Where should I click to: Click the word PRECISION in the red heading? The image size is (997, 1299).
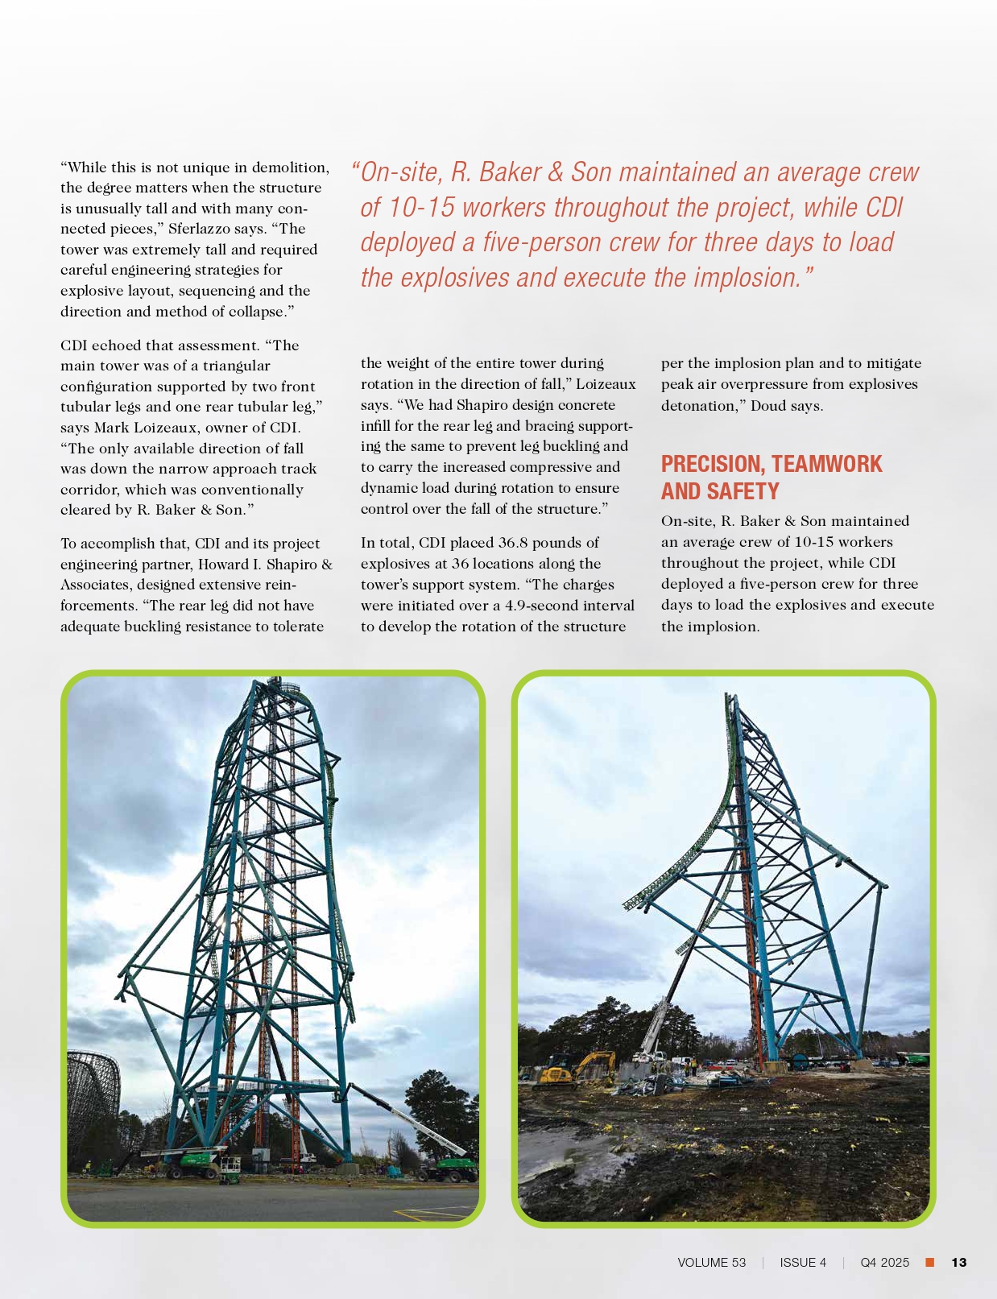[712, 465]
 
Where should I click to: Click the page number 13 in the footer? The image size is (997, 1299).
[958, 1262]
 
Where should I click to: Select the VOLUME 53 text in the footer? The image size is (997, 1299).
[711, 1262]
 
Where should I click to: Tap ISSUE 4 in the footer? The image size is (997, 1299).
[802, 1262]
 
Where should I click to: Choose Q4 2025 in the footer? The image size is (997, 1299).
[884, 1262]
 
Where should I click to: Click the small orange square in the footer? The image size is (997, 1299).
[929, 1262]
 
